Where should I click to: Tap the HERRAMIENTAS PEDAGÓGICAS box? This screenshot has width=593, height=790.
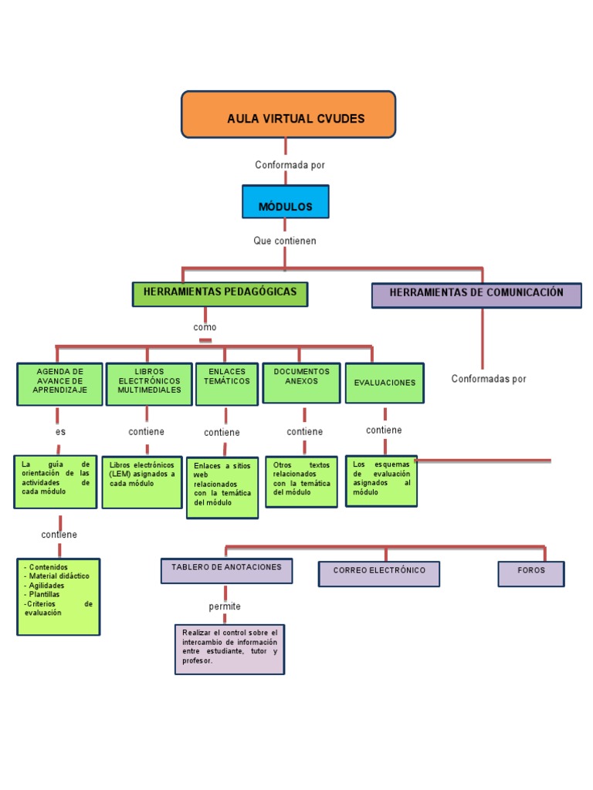(220, 294)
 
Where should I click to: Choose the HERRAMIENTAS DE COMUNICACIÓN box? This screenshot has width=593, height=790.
(476, 295)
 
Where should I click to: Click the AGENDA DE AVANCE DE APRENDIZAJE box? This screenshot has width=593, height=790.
(59, 384)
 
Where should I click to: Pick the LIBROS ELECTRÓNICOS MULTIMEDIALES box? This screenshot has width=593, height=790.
(148, 383)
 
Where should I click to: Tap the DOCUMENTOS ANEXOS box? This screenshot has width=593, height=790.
(301, 383)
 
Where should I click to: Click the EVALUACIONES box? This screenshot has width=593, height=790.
(384, 383)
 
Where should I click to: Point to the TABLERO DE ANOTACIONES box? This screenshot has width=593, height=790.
(226, 570)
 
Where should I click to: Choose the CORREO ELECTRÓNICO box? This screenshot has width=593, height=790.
(379, 573)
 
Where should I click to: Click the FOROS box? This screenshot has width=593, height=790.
(530, 573)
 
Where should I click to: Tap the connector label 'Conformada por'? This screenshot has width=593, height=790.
(285, 165)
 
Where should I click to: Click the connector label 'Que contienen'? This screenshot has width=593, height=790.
(285, 241)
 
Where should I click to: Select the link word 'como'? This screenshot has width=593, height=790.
(205, 327)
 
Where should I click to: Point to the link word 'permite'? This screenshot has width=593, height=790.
(225, 606)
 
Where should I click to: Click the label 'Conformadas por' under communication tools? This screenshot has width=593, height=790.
(489, 379)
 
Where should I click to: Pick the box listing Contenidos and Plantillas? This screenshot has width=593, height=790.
(59, 596)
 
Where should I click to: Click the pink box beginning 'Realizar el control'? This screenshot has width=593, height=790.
(229, 649)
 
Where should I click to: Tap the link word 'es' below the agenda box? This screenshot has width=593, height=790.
(60, 432)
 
